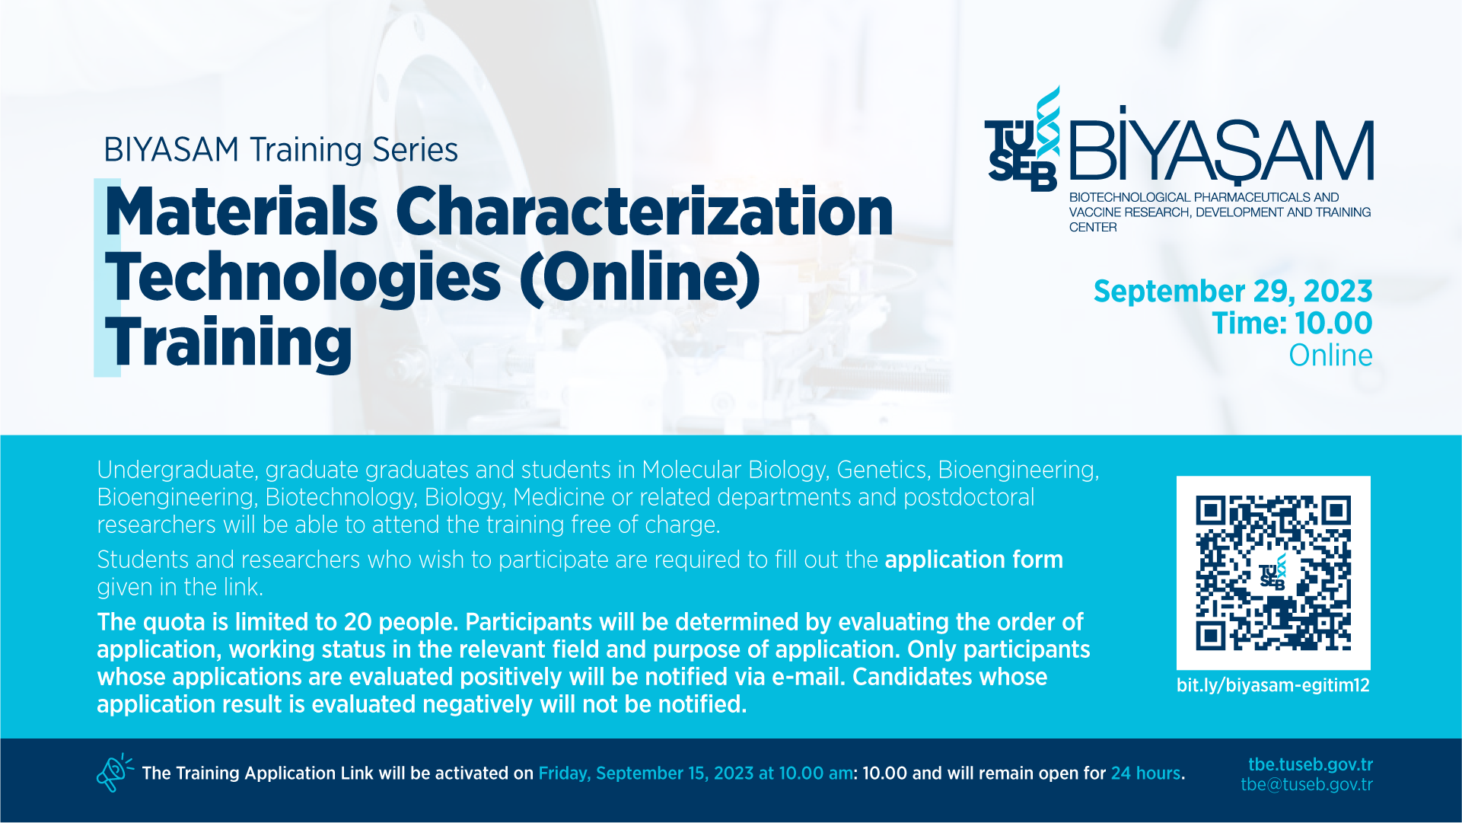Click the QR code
click(1273, 573)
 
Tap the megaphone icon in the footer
click(114, 773)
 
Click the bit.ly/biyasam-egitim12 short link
click(1272, 685)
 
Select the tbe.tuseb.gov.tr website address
click(1311, 764)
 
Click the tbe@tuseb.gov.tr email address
click(1307, 785)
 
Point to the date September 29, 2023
click(1233, 292)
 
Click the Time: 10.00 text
click(1292, 324)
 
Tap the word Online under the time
click(1330, 356)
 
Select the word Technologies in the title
click(303, 278)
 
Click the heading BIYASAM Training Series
click(281, 150)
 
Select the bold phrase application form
click(973, 560)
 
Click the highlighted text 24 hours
click(1145, 774)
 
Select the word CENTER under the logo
click(1093, 228)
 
